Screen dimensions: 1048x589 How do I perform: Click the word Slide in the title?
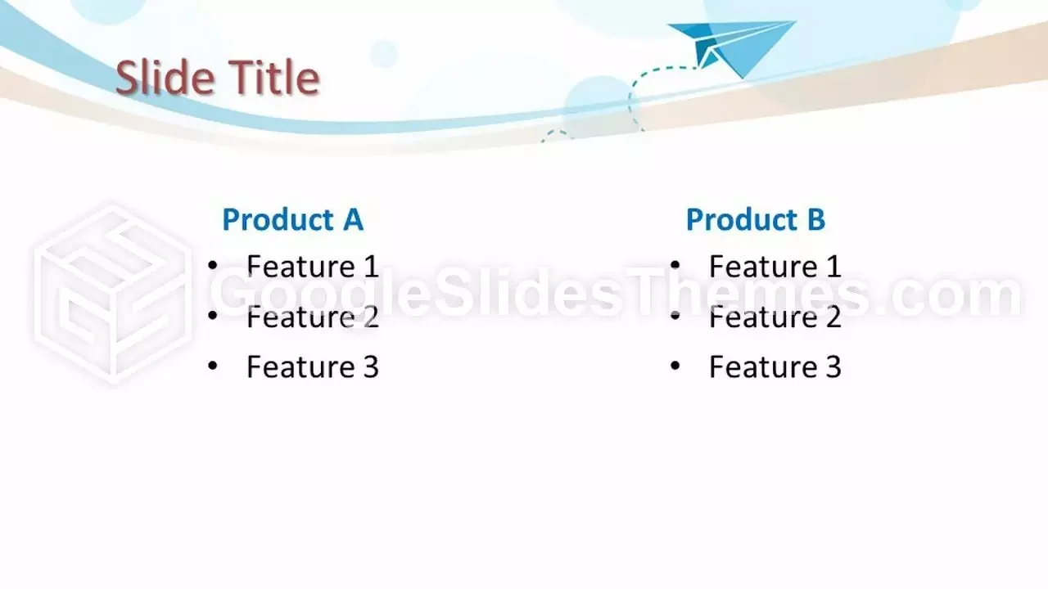click(x=165, y=77)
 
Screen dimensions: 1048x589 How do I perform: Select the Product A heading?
click(x=293, y=219)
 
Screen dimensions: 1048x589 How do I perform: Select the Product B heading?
click(x=756, y=219)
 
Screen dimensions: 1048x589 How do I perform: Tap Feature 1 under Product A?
click(x=313, y=267)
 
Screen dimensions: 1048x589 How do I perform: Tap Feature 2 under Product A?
click(x=313, y=317)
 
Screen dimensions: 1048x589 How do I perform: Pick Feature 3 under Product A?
click(x=313, y=366)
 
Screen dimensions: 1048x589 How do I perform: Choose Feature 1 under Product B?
click(x=775, y=267)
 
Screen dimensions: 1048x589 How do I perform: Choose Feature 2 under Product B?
click(x=775, y=317)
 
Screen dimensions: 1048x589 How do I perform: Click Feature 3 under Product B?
click(x=775, y=366)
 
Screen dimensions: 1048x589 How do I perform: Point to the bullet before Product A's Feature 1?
click(x=213, y=266)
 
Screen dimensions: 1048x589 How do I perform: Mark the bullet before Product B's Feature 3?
click(x=675, y=366)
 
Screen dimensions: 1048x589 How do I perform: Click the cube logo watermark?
click(x=112, y=294)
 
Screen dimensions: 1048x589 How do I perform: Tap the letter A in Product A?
click(x=353, y=219)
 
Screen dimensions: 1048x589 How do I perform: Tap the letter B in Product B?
click(x=816, y=219)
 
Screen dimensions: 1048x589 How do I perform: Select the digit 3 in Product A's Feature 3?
click(x=371, y=366)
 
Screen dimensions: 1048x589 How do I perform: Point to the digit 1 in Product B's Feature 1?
click(x=833, y=267)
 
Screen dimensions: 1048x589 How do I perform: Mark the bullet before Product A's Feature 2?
click(x=213, y=316)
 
